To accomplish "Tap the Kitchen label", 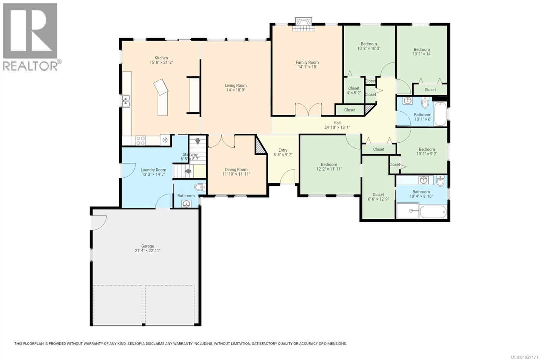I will tap(161, 58).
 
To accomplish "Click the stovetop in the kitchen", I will tap(141, 140).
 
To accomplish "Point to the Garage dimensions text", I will tap(147, 251).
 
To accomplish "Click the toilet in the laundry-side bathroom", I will tap(201, 187).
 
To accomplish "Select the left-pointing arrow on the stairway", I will tap(188, 171).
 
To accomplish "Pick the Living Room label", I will tap(236, 85).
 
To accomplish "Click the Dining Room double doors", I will tap(221, 141).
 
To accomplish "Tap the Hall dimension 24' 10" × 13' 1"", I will tap(337, 127).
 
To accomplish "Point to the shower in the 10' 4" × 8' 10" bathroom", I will tap(408, 211).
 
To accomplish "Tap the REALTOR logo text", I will tap(30, 66).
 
